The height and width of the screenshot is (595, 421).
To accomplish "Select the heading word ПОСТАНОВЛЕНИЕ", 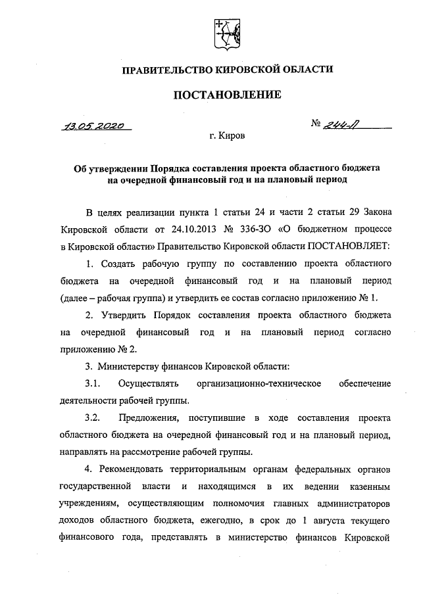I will coord(226,95).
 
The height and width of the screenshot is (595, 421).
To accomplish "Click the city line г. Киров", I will coord(227,137).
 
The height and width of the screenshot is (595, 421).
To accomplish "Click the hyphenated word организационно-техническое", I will coord(263,383).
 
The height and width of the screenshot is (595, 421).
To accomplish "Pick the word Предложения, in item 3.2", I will coord(151,418).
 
